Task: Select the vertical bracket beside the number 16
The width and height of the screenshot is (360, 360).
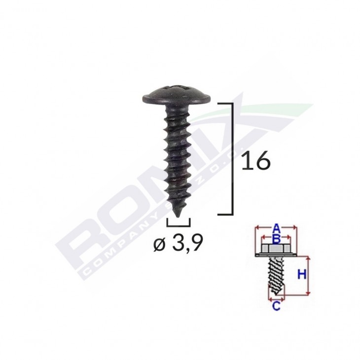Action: pyautogui.click(x=231, y=158)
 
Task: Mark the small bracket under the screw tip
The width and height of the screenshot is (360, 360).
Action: pyautogui.click(x=179, y=223)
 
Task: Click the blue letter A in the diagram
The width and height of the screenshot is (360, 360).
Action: pyautogui.click(x=277, y=228)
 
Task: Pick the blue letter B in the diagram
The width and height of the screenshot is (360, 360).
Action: pyautogui.click(x=277, y=239)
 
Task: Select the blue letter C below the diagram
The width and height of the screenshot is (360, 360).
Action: pyautogui.click(x=276, y=307)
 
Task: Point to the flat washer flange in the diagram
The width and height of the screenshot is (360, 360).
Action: pyautogui.click(x=276, y=255)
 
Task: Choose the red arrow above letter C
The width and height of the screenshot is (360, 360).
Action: pyautogui.click(x=276, y=298)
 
